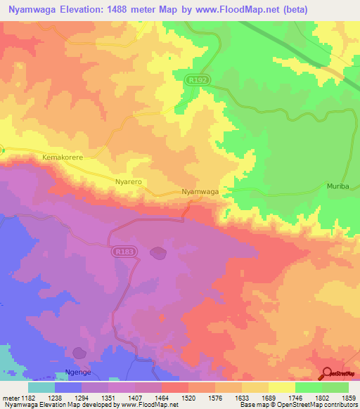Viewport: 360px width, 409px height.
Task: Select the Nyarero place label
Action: point(129,181)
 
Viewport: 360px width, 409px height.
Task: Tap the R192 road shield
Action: point(198,81)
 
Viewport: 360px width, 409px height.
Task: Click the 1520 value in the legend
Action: point(188,398)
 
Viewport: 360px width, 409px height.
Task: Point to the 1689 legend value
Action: point(269,398)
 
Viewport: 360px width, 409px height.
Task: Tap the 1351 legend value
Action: point(108,398)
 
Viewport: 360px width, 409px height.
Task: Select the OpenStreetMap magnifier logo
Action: point(326,373)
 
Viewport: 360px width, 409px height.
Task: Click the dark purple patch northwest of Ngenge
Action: point(79,351)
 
